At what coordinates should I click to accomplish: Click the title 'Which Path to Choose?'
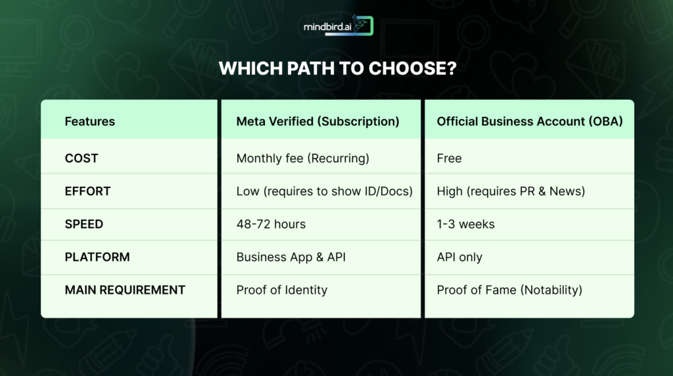click(336, 69)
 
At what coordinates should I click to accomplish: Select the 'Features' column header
click(89, 121)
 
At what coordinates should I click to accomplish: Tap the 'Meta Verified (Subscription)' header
click(317, 121)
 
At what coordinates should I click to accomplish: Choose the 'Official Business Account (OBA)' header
click(530, 121)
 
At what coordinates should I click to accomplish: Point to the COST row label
click(81, 158)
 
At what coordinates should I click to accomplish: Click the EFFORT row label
click(87, 191)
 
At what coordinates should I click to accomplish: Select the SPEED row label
click(84, 224)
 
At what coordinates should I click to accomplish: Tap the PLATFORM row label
click(97, 257)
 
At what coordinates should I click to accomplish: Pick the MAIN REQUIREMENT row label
click(125, 290)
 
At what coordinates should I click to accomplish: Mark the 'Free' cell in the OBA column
click(450, 158)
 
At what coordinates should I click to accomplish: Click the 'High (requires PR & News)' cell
click(511, 191)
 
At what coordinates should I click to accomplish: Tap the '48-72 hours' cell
click(271, 224)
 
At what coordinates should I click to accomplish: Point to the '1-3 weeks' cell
click(466, 224)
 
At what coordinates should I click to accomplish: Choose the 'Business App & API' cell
click(290, 257)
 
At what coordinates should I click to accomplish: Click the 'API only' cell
click(459, 257)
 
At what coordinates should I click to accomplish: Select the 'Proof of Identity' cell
click(281, 290)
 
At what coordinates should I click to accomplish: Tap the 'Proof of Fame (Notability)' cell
click(509, 290)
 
